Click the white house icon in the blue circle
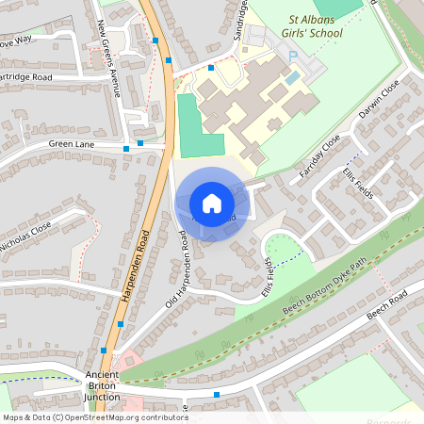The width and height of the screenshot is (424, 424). [x=212, y=204]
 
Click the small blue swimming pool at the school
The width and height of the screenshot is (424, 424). [x=293, y=75]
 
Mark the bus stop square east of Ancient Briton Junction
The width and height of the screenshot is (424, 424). [x=217, y=395]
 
